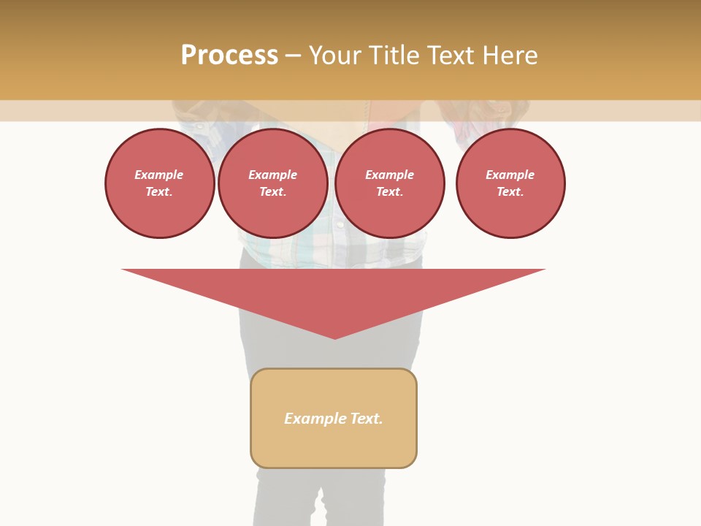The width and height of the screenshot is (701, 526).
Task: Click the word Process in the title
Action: click(229, 56)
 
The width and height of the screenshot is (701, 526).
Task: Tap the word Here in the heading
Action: click(509, 56)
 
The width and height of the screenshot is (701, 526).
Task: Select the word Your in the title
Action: click(334, 56)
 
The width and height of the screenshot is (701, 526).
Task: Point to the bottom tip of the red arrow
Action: click(334, 338)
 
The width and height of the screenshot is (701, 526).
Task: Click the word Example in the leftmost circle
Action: click(159, 175)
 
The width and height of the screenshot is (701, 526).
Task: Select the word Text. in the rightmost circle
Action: click(510, 191)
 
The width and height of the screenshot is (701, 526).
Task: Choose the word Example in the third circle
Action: click(389, 175)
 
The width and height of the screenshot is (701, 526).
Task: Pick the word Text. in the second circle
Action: click(273, 191)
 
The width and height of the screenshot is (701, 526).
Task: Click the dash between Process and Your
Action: click(293, 56)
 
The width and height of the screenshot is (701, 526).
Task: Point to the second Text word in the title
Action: click(453, 56)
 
